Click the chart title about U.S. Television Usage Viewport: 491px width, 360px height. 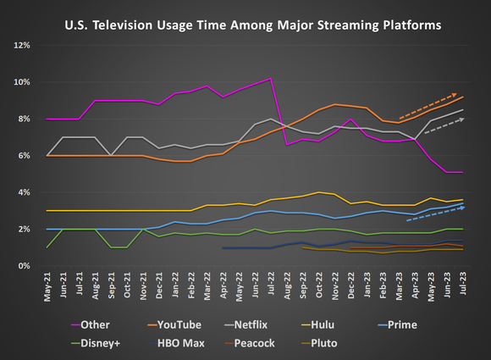(252, 26)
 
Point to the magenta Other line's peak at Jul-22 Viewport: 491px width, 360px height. (270, 79)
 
